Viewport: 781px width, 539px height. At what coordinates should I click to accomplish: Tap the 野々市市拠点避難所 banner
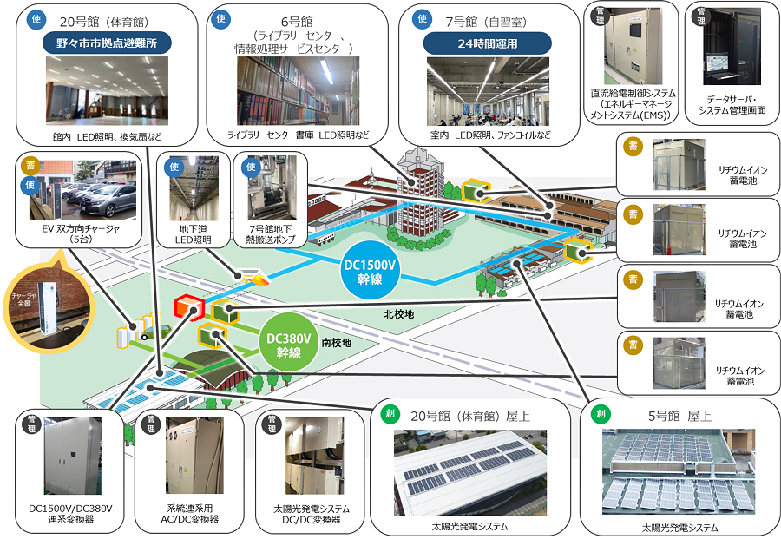pos(106,43)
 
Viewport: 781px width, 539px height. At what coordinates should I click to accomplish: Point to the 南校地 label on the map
pos(336,342)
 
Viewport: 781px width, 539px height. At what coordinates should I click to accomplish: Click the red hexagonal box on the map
pos(187,306)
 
